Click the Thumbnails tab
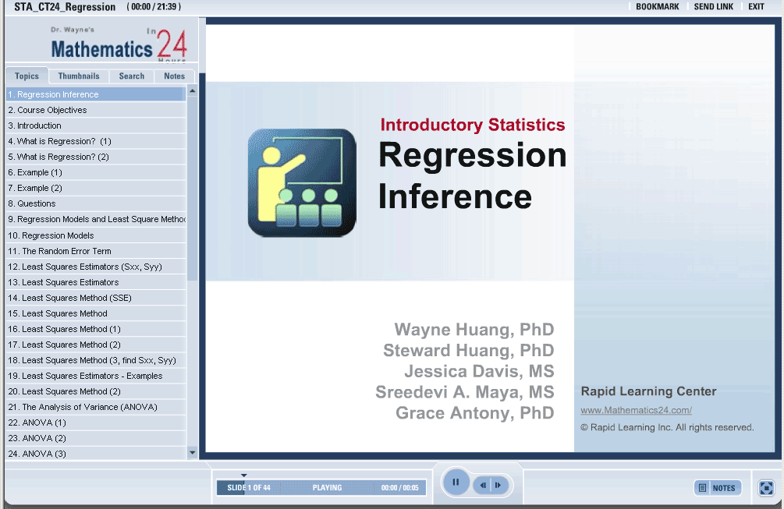tap(79, 76)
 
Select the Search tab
tap(132, 76)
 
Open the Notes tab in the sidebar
tap(174, 76)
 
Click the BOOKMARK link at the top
tap(657, 6)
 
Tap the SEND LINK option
tap(714, 6)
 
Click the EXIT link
tap(756, 6)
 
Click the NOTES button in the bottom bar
tap(718, 488)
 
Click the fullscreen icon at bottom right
tap(766, 487)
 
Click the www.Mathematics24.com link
tap(636, 410)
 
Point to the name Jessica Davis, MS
tap(479, 371)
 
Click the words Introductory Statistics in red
tap(473, 125)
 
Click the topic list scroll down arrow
tap(193, 453)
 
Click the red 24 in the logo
tap(172, 44)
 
